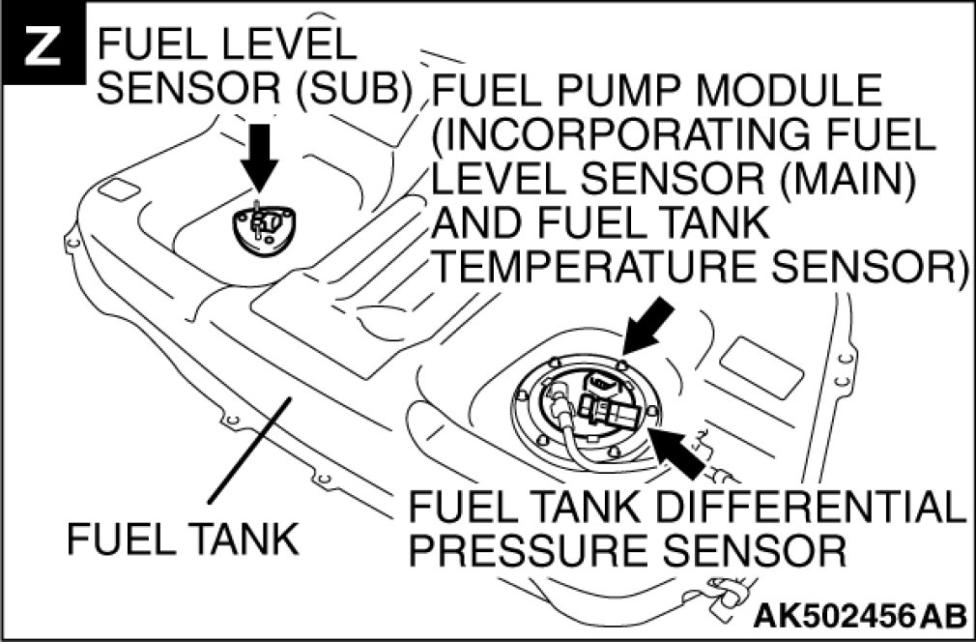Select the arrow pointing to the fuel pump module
pyautogui.click(x=646, y=324)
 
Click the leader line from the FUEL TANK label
pyautogui.click(x=246, y=454)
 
